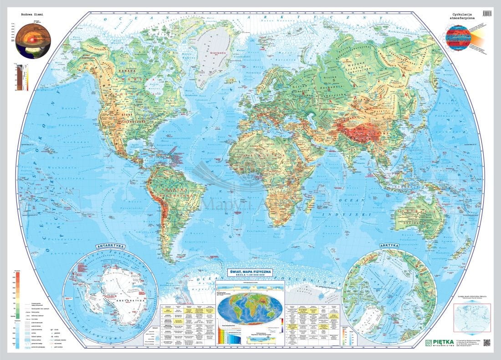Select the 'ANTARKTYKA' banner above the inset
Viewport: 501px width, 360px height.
coord(110,247)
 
